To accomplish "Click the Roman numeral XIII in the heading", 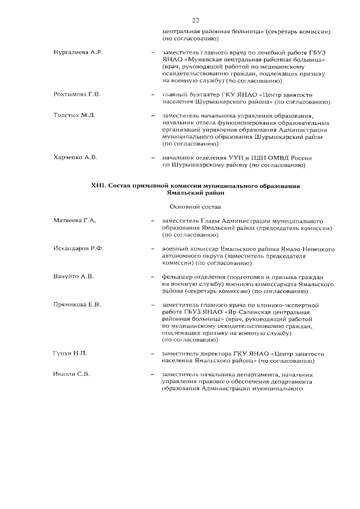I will click(98, 185).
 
